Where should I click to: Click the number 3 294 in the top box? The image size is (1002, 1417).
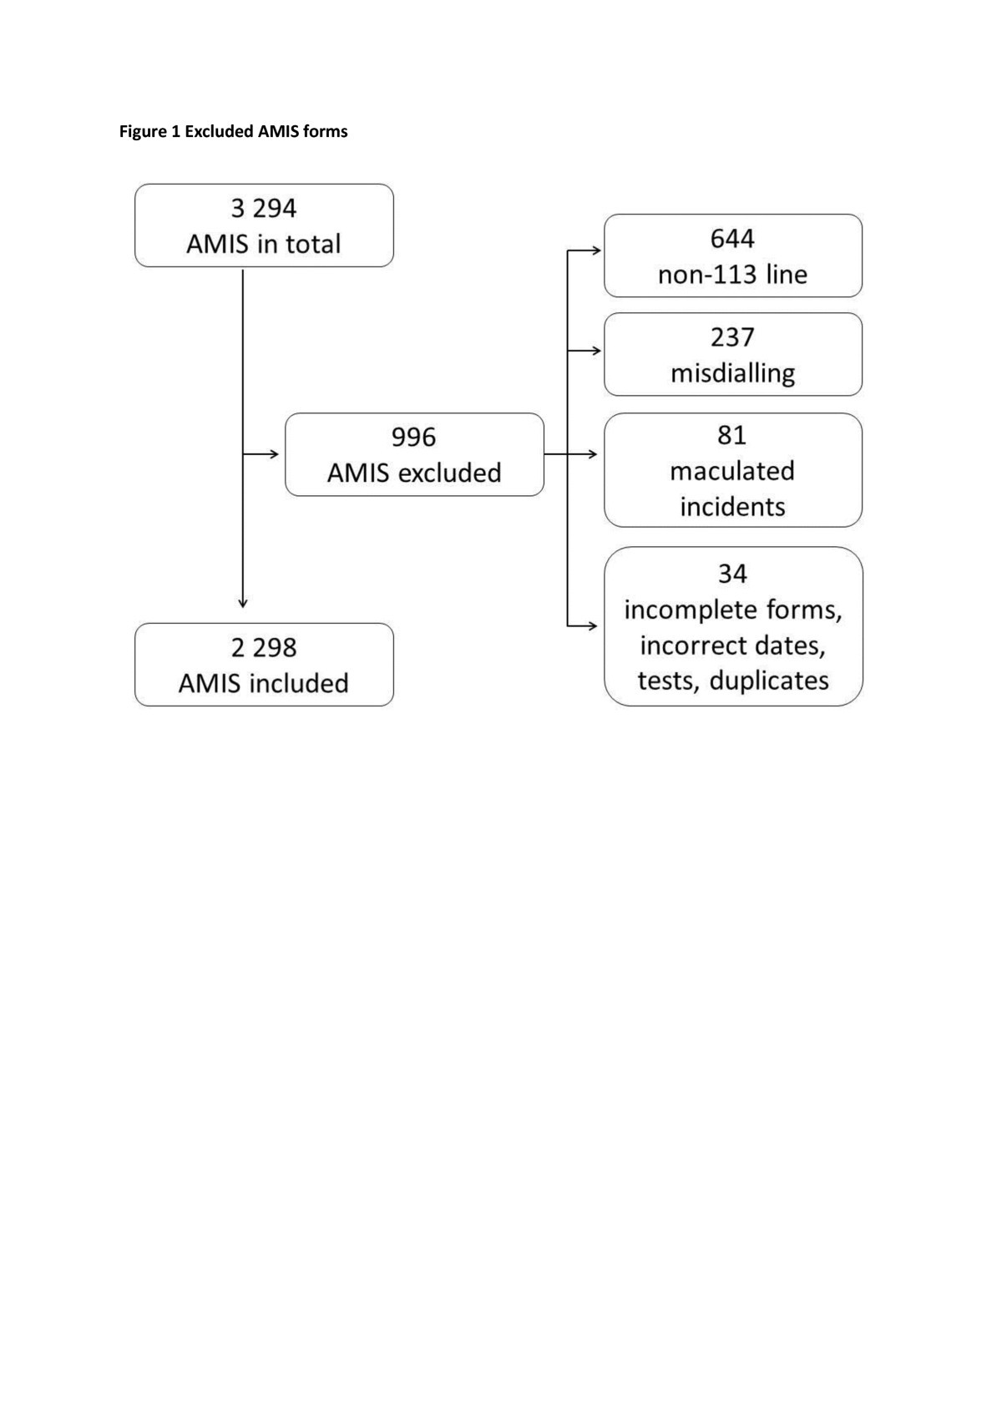(264, 208)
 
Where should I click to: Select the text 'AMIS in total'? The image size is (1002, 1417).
(264, 245)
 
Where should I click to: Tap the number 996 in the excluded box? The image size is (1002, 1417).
(414, 437)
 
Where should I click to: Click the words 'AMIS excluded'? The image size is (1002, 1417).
(414, 473)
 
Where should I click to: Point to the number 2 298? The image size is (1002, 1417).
(264, 647)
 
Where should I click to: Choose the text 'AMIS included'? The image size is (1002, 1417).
(264, 683)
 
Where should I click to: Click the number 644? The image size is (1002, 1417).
(732, 239)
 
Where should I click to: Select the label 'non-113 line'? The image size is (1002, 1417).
(732, 275)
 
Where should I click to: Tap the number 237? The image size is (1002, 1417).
(732, 337)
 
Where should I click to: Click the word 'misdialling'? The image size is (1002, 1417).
(732, 373)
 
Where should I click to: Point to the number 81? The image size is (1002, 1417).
(732, 435)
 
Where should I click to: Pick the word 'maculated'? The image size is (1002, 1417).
(732, 471)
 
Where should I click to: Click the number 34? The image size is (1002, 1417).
(732, 574)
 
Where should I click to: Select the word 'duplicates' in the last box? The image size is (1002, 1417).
(769, 681)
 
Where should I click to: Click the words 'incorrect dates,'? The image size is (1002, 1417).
(732, 645)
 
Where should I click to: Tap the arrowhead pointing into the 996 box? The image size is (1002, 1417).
(274, 454)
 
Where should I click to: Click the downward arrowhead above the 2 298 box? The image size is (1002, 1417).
(243, 603)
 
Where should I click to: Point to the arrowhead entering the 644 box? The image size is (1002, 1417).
(596, 251)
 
